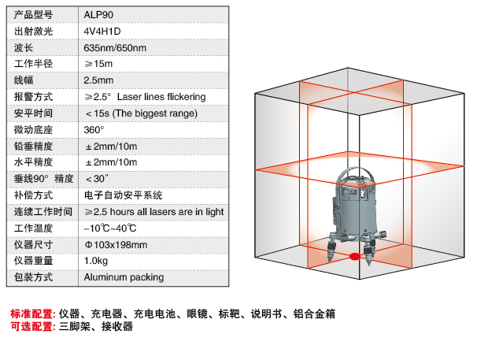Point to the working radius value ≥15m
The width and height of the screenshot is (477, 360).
point(98,64)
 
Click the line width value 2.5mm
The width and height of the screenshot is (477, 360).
point(98,80)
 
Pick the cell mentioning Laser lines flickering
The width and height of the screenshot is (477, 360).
point(145,97)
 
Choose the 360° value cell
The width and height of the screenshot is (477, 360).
point(94,129)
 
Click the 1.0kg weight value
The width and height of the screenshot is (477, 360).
point(95,261)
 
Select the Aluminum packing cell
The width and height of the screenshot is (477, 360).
point(124,277)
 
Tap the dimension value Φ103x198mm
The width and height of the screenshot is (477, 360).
point(116,244)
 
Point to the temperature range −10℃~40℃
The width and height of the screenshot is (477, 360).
point(110,228)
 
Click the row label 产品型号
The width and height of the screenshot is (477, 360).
point(33,13)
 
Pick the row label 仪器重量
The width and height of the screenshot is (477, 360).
point(33,261)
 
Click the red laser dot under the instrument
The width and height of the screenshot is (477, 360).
point(354,257)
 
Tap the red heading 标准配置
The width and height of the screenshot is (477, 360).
point(32,314)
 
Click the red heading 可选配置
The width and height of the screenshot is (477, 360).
point(32,327)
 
